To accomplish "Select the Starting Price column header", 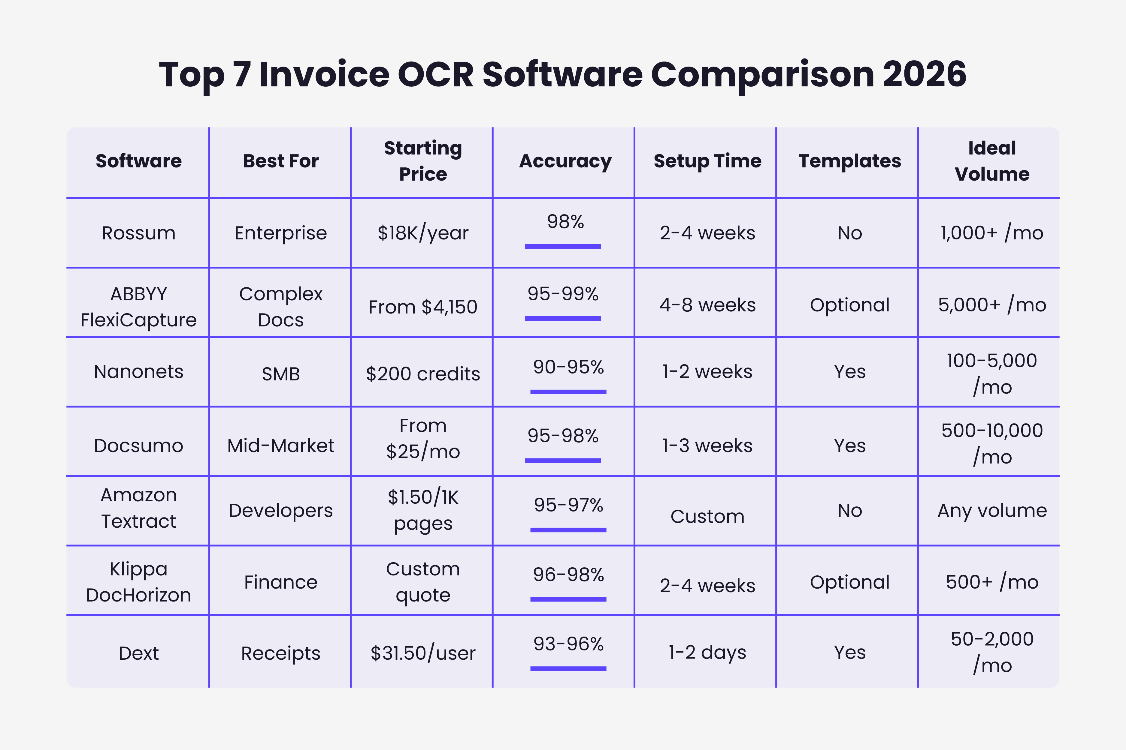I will pyautogui.click(x=423, y=161).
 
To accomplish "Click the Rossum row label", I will pyautogui.click(x=138, y=233).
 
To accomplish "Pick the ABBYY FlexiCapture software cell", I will pyautogui.click(x=138, y=307).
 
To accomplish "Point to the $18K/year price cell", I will pyautogui.click(x=423, y=233).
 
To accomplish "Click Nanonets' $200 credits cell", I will pyautogui.click(x=423, y=373).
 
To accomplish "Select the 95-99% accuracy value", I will pyautogui.click(x=563, y=294).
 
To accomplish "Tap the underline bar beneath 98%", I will pyautogui.click(x=563, y=246).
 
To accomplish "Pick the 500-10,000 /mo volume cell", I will pyautogui.click(x=992, y=443).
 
